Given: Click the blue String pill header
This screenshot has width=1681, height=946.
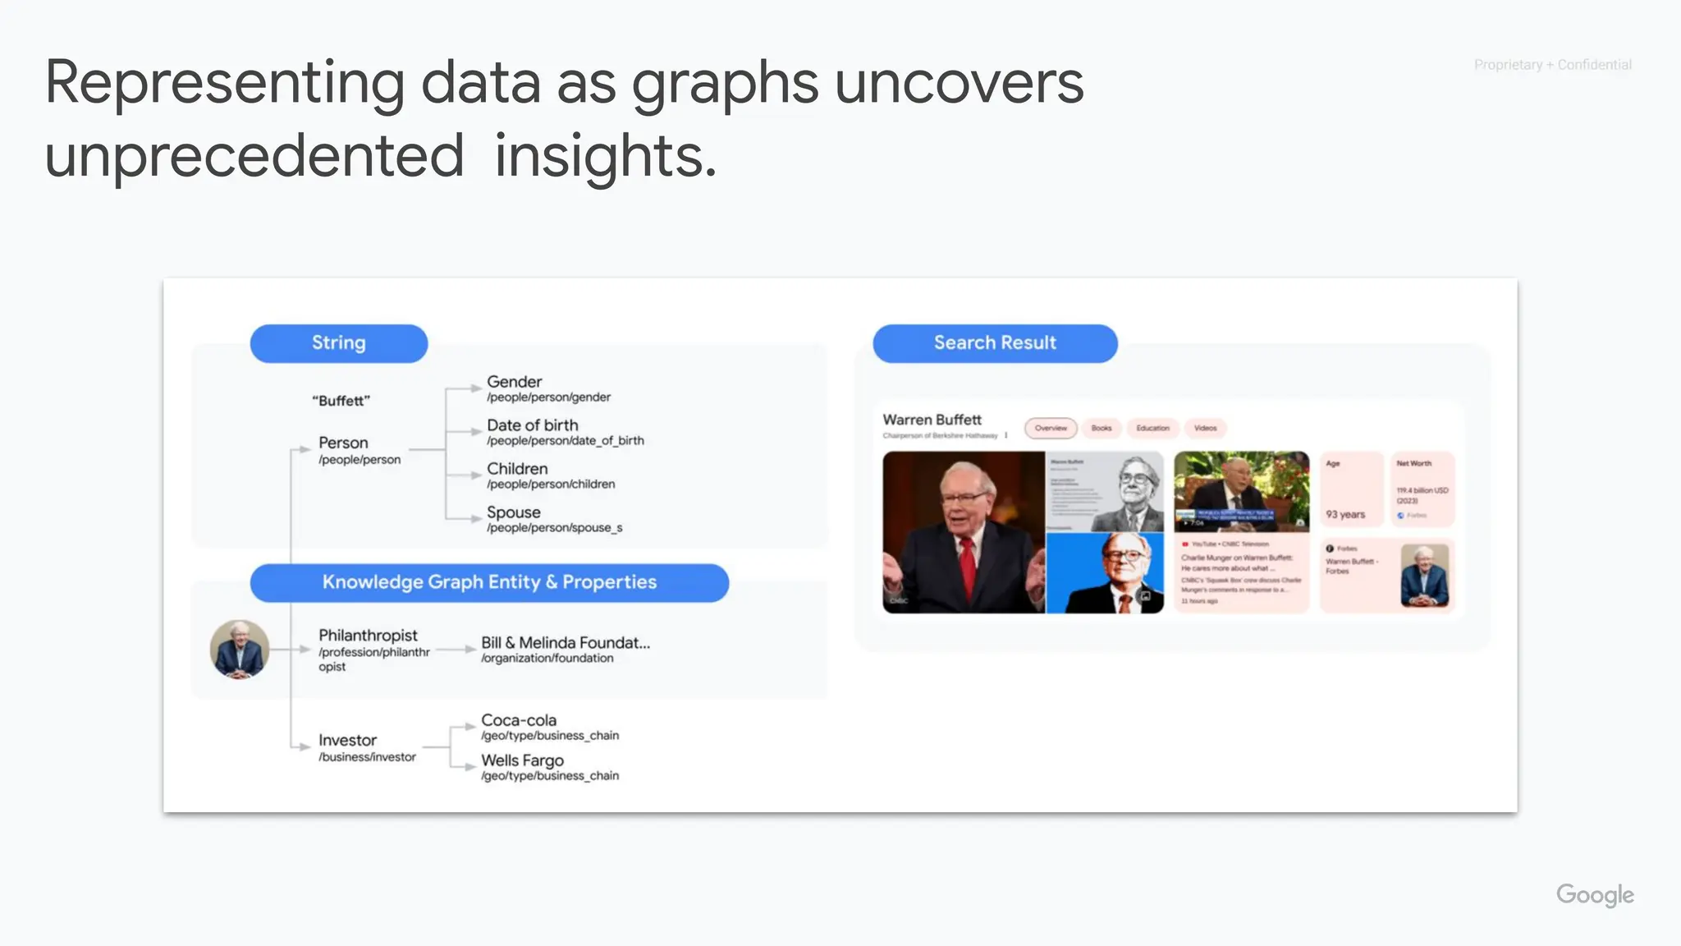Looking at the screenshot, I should point(338,343).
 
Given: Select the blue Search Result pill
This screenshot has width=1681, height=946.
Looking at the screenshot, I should point(995,343).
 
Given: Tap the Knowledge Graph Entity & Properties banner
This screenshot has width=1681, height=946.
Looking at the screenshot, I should point(489,582).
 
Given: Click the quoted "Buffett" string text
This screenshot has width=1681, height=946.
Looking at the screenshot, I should point(341,401).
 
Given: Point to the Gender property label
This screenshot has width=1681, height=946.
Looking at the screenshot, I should point(515,382).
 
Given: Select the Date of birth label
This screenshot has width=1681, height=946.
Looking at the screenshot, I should point(532,425).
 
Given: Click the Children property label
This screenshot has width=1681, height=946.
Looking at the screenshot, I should point(517,469).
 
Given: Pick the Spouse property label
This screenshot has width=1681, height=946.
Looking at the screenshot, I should point(514,512).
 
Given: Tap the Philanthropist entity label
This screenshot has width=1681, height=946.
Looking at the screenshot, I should point(368,636).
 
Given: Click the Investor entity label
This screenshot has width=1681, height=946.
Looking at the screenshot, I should point(347,741).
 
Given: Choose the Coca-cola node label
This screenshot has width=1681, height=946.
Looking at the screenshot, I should point(519,720).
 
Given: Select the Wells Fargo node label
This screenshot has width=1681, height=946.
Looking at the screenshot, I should point(522,760).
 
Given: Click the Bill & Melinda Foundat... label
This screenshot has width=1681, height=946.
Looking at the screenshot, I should point(566,643).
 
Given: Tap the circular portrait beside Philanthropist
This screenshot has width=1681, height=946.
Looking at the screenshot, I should point(240,650).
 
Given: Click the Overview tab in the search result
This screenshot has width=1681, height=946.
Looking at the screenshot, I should point(1051,428).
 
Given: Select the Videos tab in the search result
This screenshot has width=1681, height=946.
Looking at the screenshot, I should point(1205,428).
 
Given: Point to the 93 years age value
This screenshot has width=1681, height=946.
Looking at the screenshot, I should point(1345,515).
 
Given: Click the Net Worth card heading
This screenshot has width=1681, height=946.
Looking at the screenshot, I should point(1413,464).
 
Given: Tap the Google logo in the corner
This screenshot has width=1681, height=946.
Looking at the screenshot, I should point(1595,894).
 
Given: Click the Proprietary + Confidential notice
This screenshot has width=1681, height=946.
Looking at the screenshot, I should point(1552,65).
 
